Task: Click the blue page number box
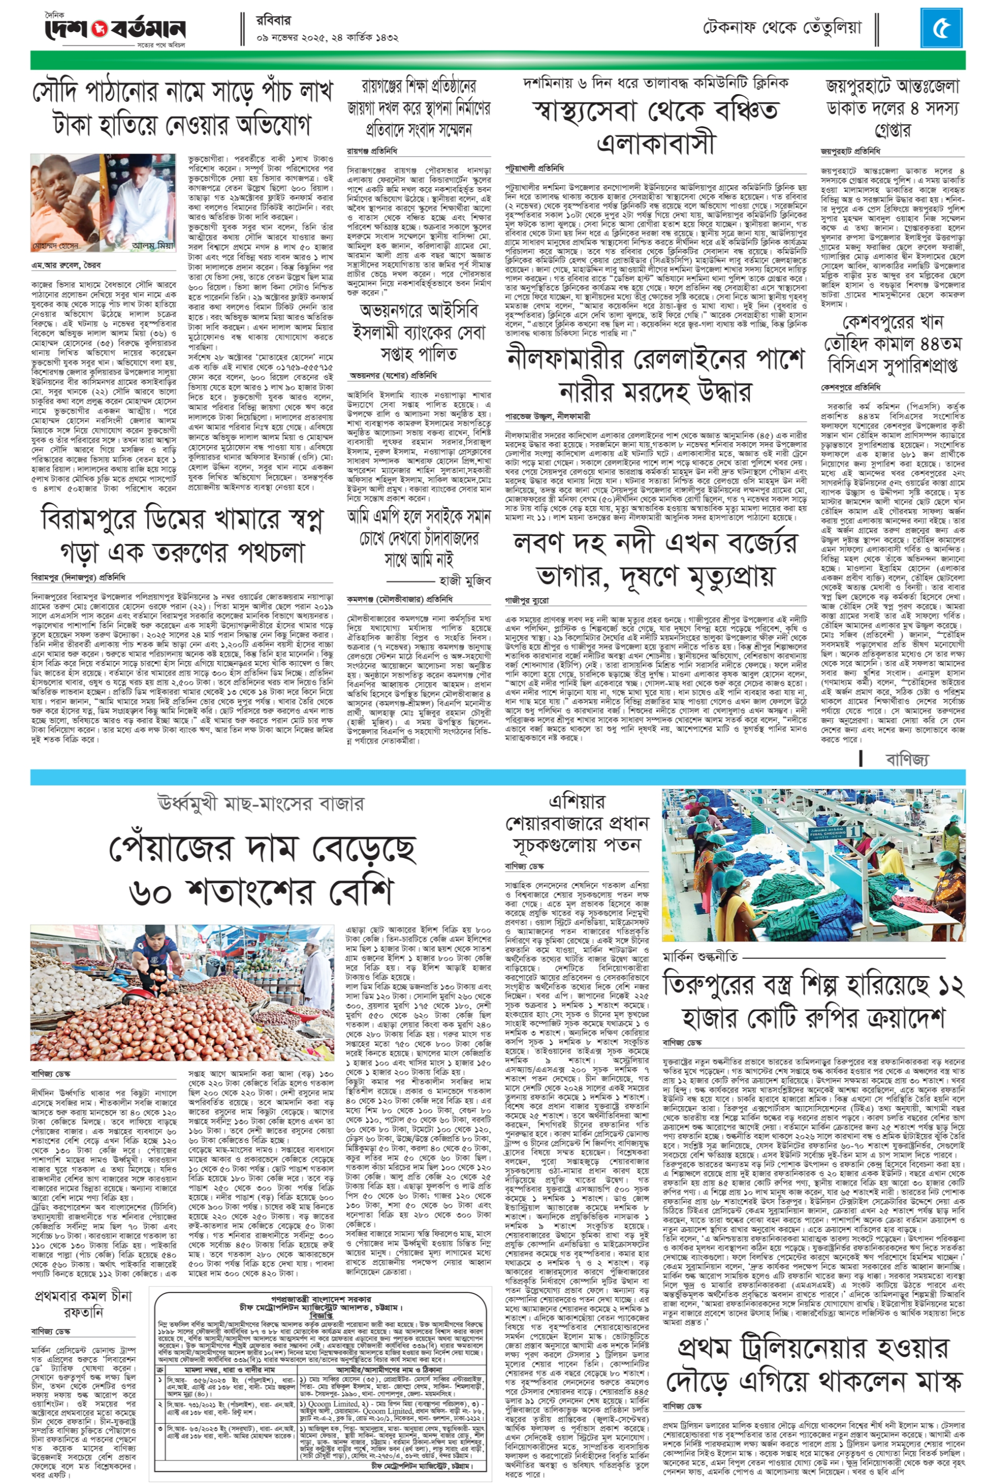[942, 29]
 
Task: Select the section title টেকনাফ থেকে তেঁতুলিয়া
[782, 28]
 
